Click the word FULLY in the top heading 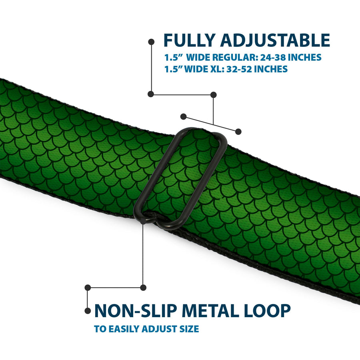click(x=190, y=40)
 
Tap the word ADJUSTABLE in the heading click(x=275, y=40)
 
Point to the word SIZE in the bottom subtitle click(x=189, y=329)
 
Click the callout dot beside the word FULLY click(x=151, y=42)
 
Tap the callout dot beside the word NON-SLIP click(x=88, y=311)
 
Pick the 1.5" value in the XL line click(x=172, y=69)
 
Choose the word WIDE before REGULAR click(x=198, y=57)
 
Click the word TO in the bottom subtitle click(x=100, y=329)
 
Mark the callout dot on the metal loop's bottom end click(x=143, y=221)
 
